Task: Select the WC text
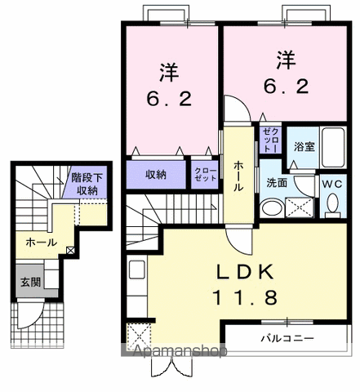pyautogui.click(x=331, y=185)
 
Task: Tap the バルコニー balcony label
pyautogui.click(x=287, y=336)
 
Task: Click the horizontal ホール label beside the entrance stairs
pyautogui.click(x=42, y=243)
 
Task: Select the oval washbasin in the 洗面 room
pyautogui.click(x=270, y=208)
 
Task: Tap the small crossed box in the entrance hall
pyautogui.click(x=71, y=250)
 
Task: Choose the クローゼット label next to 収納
pyautogui.click(x=204, y=174)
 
